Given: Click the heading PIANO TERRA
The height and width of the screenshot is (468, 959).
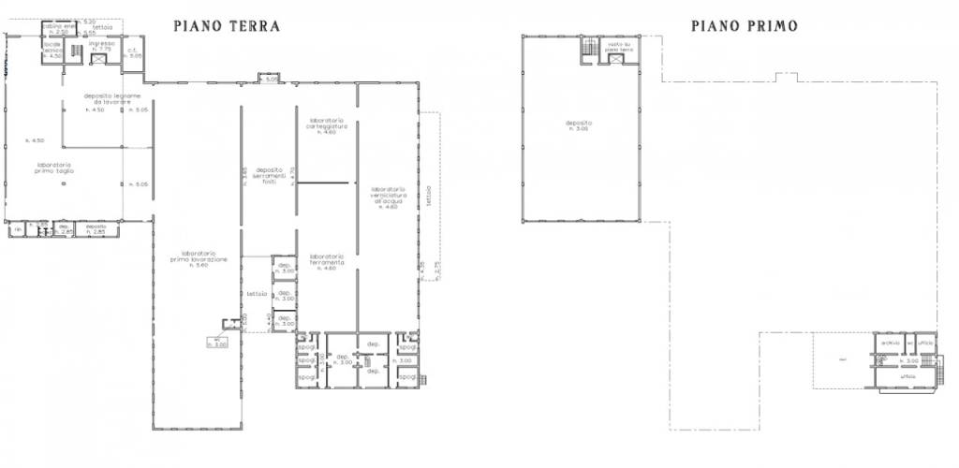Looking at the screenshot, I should (227, 26).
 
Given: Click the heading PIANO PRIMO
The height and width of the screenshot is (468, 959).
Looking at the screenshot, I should (745, 26).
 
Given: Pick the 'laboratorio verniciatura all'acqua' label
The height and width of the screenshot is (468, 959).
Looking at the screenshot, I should (386, 196).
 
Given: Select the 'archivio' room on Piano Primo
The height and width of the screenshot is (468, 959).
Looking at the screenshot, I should (889, 344).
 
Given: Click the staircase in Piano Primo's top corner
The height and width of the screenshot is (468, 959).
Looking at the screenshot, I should (588, 48).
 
